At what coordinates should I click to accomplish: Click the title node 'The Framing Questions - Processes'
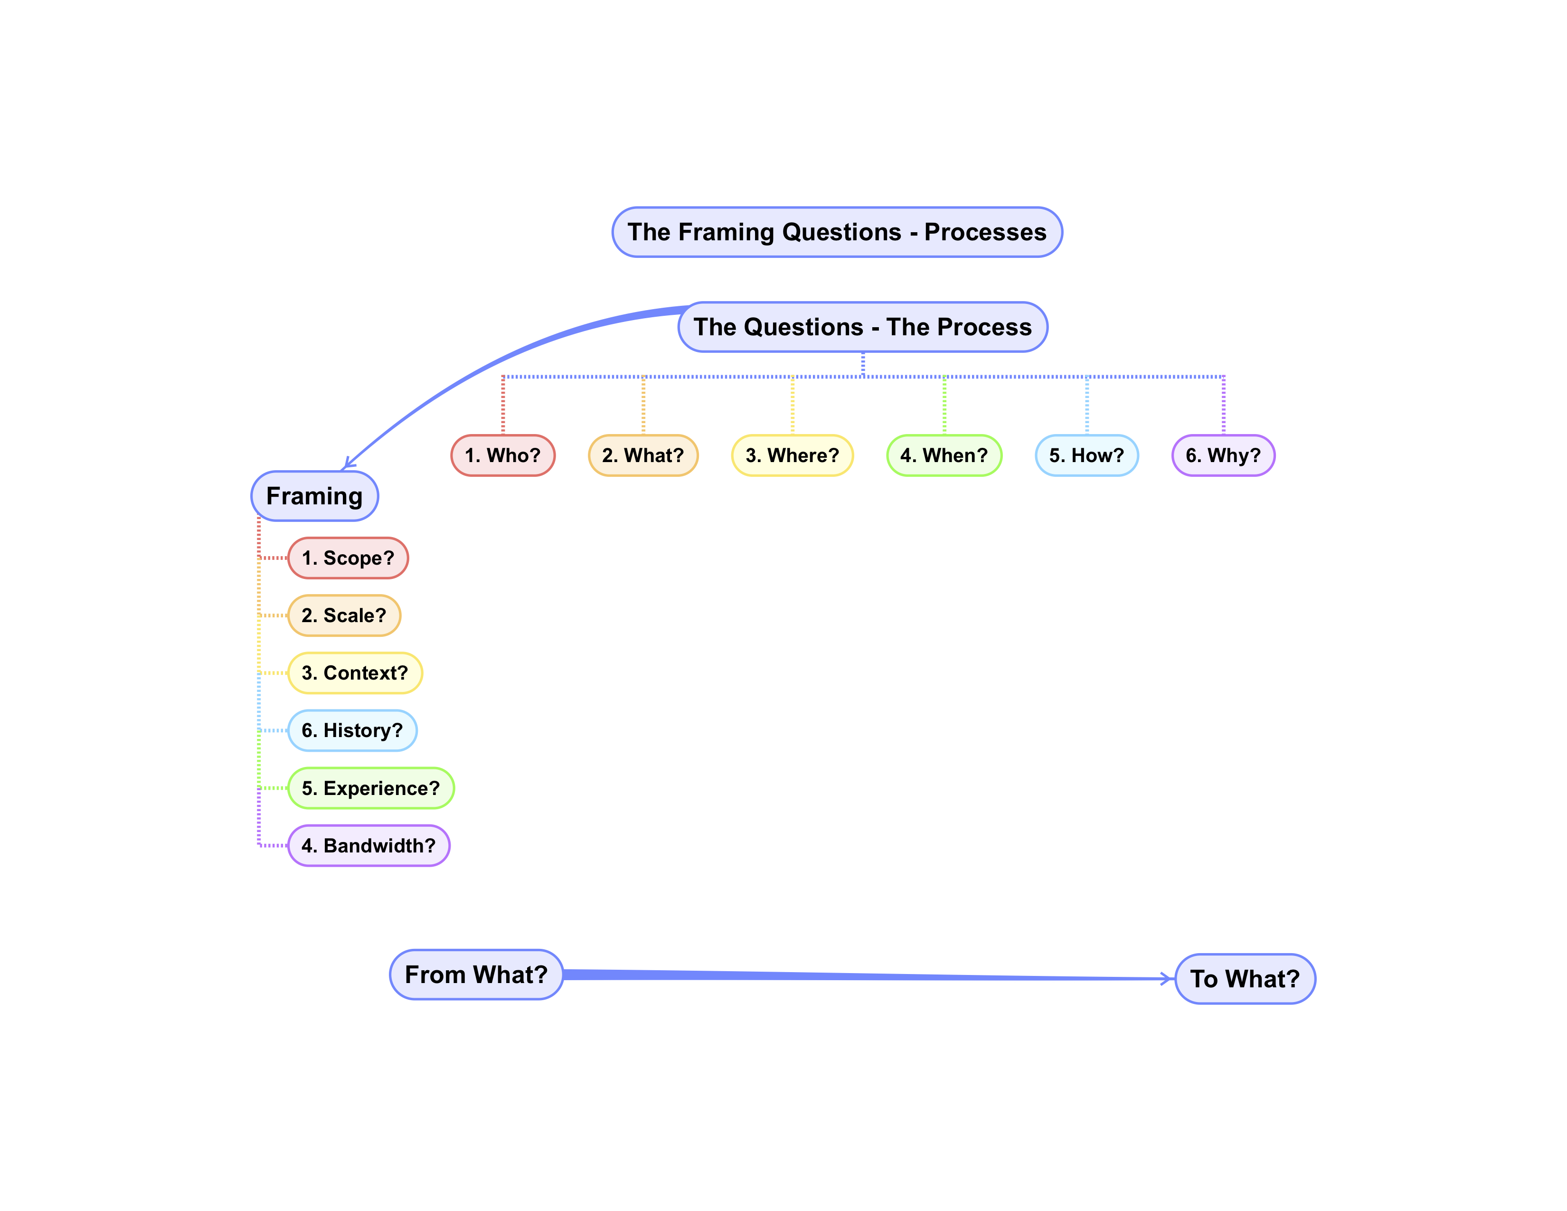tap(837, 232)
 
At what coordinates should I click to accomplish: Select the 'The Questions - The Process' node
tap(862, 327)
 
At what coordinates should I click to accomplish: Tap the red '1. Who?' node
tap(503, 455)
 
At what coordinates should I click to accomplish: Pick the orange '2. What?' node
tap(643, 455)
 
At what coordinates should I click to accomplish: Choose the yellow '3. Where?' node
tap(792, 455)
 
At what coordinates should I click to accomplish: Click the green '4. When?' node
tap(944, 455)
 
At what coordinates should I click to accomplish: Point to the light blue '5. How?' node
tap(1086, 455)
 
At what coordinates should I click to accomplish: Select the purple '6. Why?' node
tap(1223, 455)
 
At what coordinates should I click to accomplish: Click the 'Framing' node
tap(314, 496)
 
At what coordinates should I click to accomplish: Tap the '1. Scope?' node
tap(348, 558)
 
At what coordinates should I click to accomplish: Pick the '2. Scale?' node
tap(344, 615)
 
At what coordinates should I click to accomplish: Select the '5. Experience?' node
tap(371, 788)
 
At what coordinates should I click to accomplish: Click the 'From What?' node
tap(476, 974)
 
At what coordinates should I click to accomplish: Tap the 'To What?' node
tap(1245, 979)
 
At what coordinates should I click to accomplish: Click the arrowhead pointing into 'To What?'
tap(1167, 979)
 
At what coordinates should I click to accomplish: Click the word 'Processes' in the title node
tap(985, 232)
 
